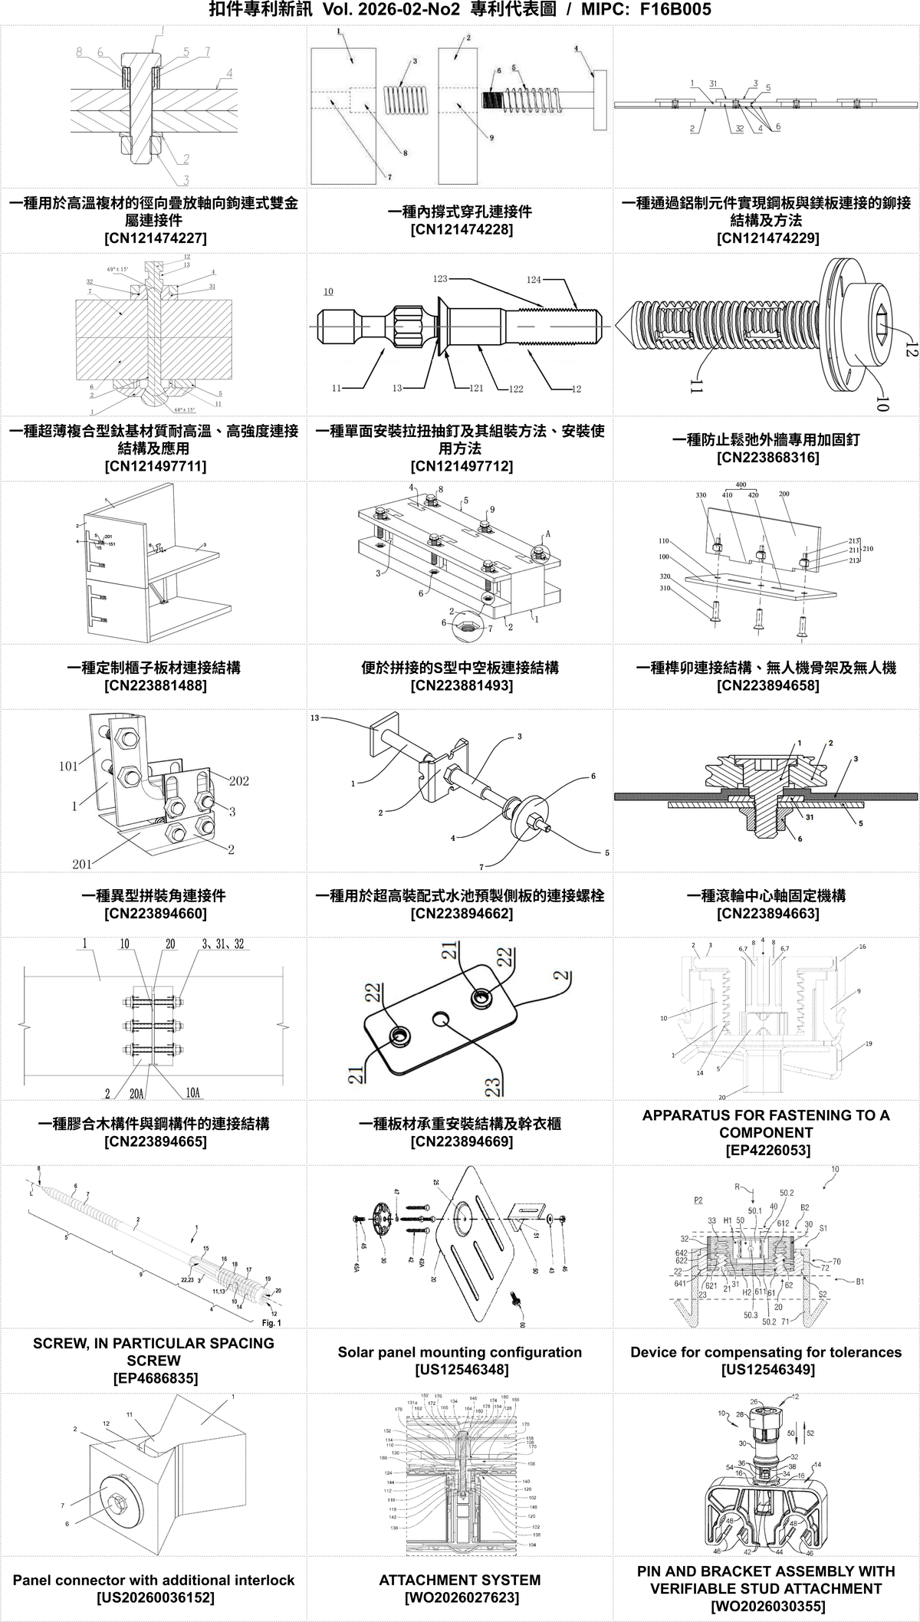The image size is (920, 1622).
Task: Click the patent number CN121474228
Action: (460, 229)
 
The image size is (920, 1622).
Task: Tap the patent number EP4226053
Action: (767, 1150)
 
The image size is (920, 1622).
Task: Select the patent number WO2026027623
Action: (460, 1597)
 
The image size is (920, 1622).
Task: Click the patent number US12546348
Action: (460, 1369)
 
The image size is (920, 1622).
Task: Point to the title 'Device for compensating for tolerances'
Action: (767, 1352)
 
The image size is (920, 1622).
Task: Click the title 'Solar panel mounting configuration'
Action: (460, 1352)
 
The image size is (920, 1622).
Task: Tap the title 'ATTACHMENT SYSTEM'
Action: (460, 1580)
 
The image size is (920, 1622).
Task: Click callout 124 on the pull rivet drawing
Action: (534, 280)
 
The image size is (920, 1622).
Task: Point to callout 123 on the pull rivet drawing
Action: (440, 279)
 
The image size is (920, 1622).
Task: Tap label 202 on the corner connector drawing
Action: (238, 781)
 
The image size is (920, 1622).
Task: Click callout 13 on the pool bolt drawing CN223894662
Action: (315, 718)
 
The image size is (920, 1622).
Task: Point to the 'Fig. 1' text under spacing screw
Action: (271, 1323)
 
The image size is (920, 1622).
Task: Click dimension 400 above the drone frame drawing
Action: (741, 485)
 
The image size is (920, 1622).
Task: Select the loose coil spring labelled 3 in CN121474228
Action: (404, 100)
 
